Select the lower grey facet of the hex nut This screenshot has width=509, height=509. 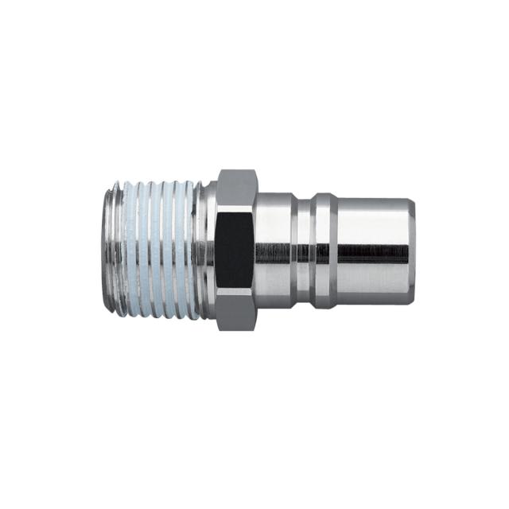235,311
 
